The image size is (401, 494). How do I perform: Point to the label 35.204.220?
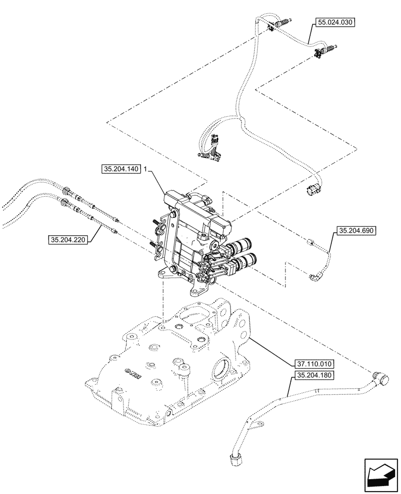pyautogui.click(x=68, y=241)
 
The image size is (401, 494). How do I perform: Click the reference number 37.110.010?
pyautogui.click(x=314, y=364)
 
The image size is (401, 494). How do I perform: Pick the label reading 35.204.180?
pyautogui.click(x=314, y=375)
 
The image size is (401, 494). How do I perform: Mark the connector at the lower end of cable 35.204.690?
pyautogui.click(x=314, y=278)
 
